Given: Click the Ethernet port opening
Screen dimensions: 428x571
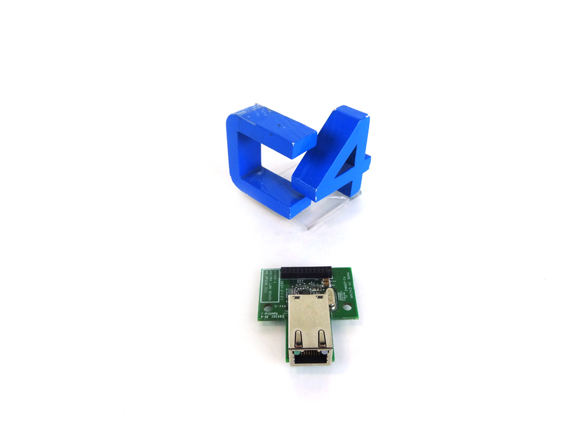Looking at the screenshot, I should click(x=309, y=356).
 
